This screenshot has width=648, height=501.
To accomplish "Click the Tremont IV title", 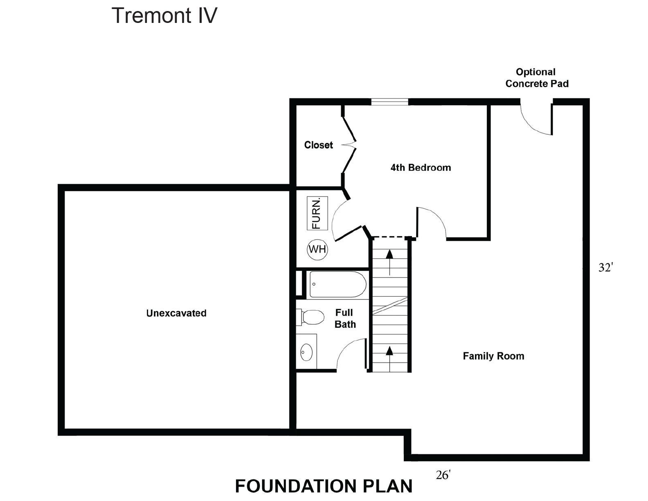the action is point(164,16).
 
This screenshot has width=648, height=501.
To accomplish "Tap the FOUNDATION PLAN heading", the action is point(324,486).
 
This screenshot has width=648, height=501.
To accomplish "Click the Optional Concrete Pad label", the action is point(537,78).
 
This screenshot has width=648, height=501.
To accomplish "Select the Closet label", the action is point(319,145).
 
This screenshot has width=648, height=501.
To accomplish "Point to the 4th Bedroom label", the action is point(421,168).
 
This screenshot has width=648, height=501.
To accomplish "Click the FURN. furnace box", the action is point(317,213).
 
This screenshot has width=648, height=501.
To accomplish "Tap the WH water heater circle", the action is point(317,249).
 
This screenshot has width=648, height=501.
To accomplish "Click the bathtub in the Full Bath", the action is point(338,284).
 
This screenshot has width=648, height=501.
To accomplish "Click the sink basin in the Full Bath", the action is point(306,352).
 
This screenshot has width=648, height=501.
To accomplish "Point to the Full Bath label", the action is point(345,318).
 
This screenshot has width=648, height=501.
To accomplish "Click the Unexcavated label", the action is point(176,313).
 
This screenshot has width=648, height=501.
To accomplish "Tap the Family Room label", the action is point(493,356).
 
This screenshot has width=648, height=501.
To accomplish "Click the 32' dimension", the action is point(605,267).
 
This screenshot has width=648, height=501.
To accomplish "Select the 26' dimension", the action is point(443,475).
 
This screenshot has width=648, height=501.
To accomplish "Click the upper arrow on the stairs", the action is point(389,262).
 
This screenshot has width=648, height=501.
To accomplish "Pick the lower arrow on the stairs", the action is point(389,359).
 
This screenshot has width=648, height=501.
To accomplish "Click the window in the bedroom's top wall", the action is point(390,102).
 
